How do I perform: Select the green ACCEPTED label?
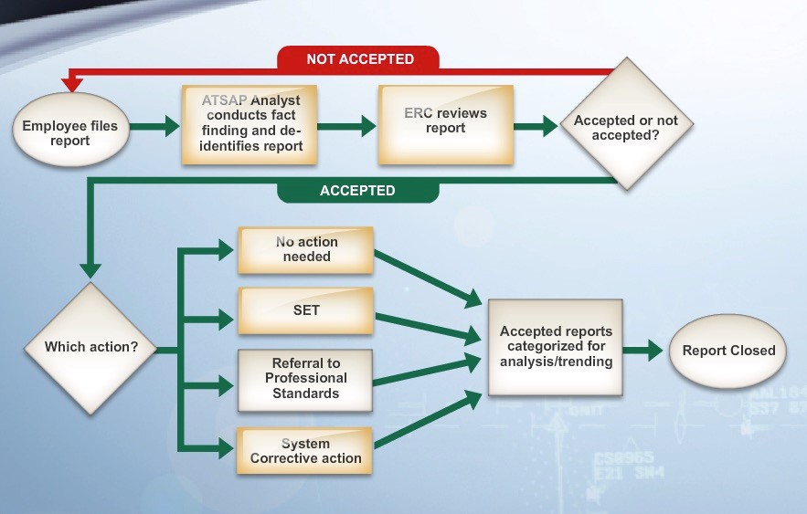[358, 191]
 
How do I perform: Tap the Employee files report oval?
[70, 130]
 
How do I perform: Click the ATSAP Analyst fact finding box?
[250, 124]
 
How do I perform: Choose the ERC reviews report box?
[446, 124]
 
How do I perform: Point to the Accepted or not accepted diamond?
[626, 124]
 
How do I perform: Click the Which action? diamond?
[90, 349]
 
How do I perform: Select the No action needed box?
[306, 250]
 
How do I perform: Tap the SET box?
[306, 310]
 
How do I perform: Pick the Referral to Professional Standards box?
[305, 381]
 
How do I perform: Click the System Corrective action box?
[304, 451]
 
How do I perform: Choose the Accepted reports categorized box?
[556, 348]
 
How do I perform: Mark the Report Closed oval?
[727, 351]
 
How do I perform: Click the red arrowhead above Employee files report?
[71, 84]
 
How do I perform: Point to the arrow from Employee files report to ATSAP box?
[155, 126]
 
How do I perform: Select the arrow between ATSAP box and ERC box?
[347, 126]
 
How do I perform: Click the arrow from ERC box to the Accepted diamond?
[536, 126]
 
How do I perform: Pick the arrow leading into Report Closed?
[642, 351]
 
